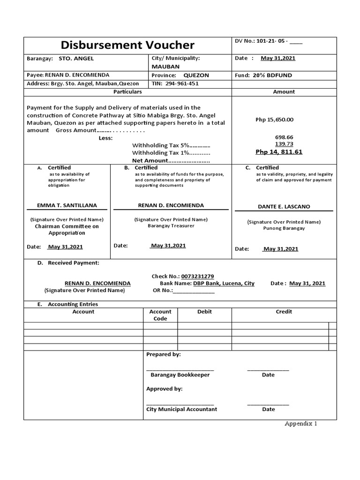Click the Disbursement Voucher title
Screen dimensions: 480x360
[127, 45]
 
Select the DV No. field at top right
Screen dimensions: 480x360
[269, 41]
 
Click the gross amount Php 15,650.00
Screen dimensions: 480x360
[274, 120]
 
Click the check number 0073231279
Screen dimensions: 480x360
[191, 277]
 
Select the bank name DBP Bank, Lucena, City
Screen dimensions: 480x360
[223, 284]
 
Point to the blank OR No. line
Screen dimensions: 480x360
[194, 291]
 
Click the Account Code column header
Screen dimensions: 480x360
[160, 315]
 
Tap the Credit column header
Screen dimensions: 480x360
[284, 312]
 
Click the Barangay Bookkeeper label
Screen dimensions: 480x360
[180, 375]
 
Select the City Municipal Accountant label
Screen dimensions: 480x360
[182, 409]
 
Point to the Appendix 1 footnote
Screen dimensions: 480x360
[301, 424]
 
